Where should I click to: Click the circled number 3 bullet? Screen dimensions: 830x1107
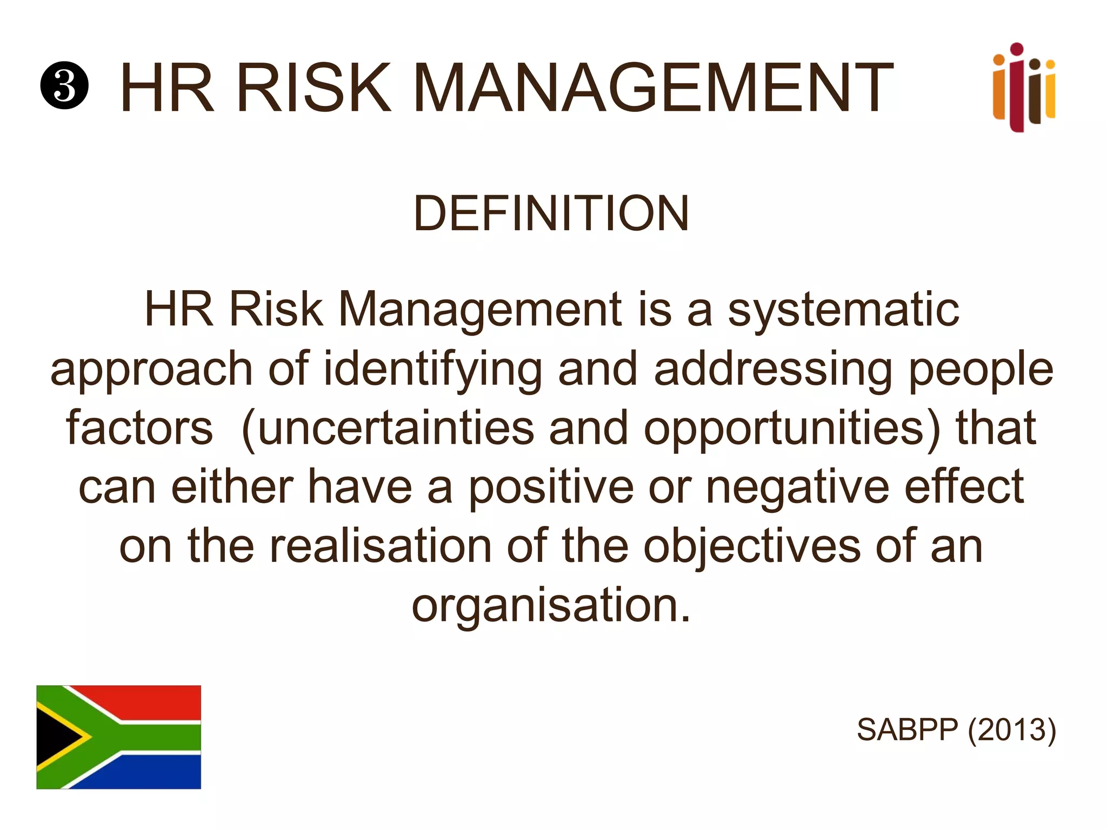tap(64, 86)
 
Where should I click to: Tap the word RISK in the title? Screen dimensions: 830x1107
tap(314, 88)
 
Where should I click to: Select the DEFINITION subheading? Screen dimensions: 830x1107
tap(551, 213)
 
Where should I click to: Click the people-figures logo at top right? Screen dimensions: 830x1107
tap(1023, 88)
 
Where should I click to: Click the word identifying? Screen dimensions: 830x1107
tap(432, 371)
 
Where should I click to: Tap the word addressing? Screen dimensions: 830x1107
tap(773, 371)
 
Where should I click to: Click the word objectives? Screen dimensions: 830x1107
tap(751, 547)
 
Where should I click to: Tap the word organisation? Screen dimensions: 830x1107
tap(551, 606)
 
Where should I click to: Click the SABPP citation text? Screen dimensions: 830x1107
tap(908, 730)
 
